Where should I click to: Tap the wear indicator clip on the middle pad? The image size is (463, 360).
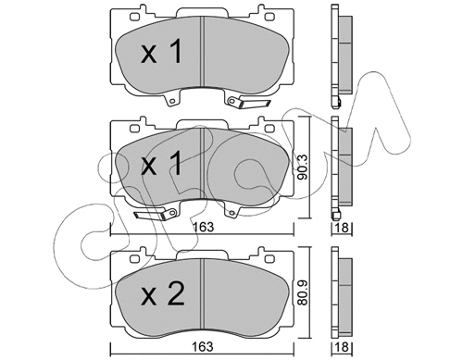(153, 216)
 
